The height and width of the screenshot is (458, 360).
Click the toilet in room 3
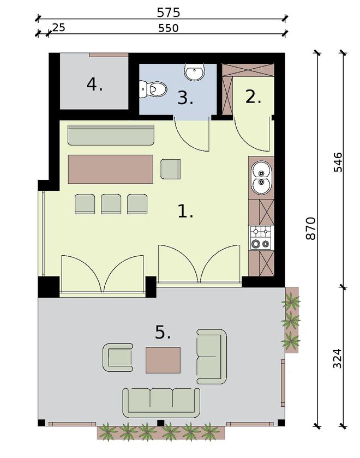[153, 88]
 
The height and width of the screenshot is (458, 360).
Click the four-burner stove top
[260, 237]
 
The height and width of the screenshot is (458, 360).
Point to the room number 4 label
[94, 85]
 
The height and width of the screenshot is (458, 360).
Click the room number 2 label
[253, 97]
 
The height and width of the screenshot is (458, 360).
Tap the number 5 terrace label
[163, 332]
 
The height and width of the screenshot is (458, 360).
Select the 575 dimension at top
[168, 12]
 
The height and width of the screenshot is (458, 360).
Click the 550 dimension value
[168, 28]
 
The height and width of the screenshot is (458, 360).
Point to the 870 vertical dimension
[310, 228]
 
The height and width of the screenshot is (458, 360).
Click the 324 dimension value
[337, 358]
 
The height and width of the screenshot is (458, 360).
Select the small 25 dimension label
[58, 27]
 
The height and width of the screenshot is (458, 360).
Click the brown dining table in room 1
[110, 169]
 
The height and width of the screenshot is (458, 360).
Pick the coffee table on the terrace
[163, 360]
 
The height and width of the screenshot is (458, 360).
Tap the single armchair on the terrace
[118, 357]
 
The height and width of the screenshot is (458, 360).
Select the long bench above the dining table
[111, 136]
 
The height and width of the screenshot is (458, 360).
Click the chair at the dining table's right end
[171, 169]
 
